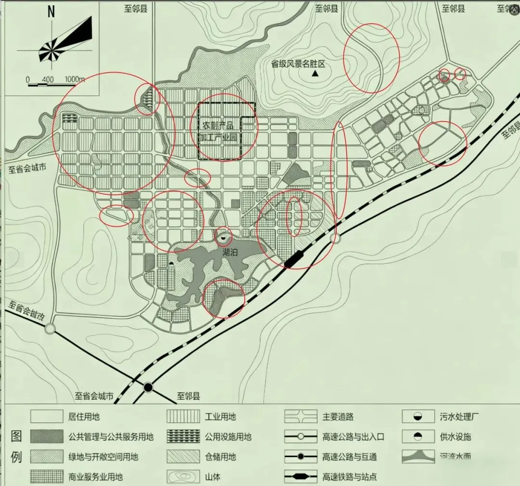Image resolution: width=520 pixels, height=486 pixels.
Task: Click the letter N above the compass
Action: point(51,12)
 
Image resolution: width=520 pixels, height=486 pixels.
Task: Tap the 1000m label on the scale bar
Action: point(75,79)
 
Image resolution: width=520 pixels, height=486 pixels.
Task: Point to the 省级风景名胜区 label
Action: point(299,64)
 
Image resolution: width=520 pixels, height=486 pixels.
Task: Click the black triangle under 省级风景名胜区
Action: point(315,74)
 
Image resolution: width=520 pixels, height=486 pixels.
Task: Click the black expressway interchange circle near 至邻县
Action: point(148,387)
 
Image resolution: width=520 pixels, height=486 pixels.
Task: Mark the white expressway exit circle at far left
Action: point(50,329)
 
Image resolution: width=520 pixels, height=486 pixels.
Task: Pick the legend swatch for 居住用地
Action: point(46,417)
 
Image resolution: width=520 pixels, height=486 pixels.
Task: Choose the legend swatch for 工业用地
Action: point(183,417)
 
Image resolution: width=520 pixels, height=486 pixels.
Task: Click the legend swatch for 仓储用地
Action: point(183,457)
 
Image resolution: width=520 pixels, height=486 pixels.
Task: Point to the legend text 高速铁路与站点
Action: point(350,477)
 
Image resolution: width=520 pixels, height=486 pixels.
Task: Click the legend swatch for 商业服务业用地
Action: point(46,477)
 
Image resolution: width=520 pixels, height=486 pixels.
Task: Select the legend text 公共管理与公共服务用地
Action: point(111,437)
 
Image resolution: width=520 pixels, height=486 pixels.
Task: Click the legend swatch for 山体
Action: point(183,477)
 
